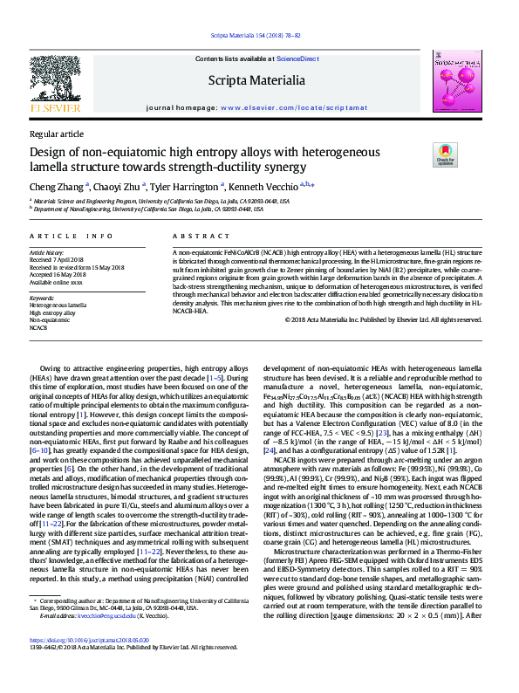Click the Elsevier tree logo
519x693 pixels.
[56, 78]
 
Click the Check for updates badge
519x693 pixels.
[469, 155]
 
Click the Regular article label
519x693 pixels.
[57, 134]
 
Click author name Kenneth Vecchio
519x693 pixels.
[265, 186]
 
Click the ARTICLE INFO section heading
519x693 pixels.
[71, 237]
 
